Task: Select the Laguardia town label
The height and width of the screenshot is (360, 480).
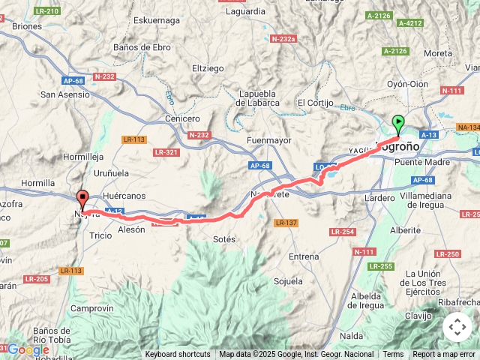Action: [x=245, y=11]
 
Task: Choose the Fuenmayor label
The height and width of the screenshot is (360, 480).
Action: [x=268, y=140]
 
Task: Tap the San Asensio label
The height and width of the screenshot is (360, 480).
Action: [x=64, y=94]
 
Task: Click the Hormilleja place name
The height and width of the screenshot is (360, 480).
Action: [x=83, y=157]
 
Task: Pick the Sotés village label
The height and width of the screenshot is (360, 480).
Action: [x=224, y=239]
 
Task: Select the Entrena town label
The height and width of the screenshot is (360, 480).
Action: [x=304, y=256]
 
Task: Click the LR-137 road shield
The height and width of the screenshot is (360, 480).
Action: [x=286, y=223]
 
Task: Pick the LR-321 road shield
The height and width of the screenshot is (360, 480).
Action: [x=166, y=152]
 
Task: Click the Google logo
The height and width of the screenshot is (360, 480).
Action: [x=28, y=349]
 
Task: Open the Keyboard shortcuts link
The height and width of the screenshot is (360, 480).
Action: [x=178, y=355]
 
